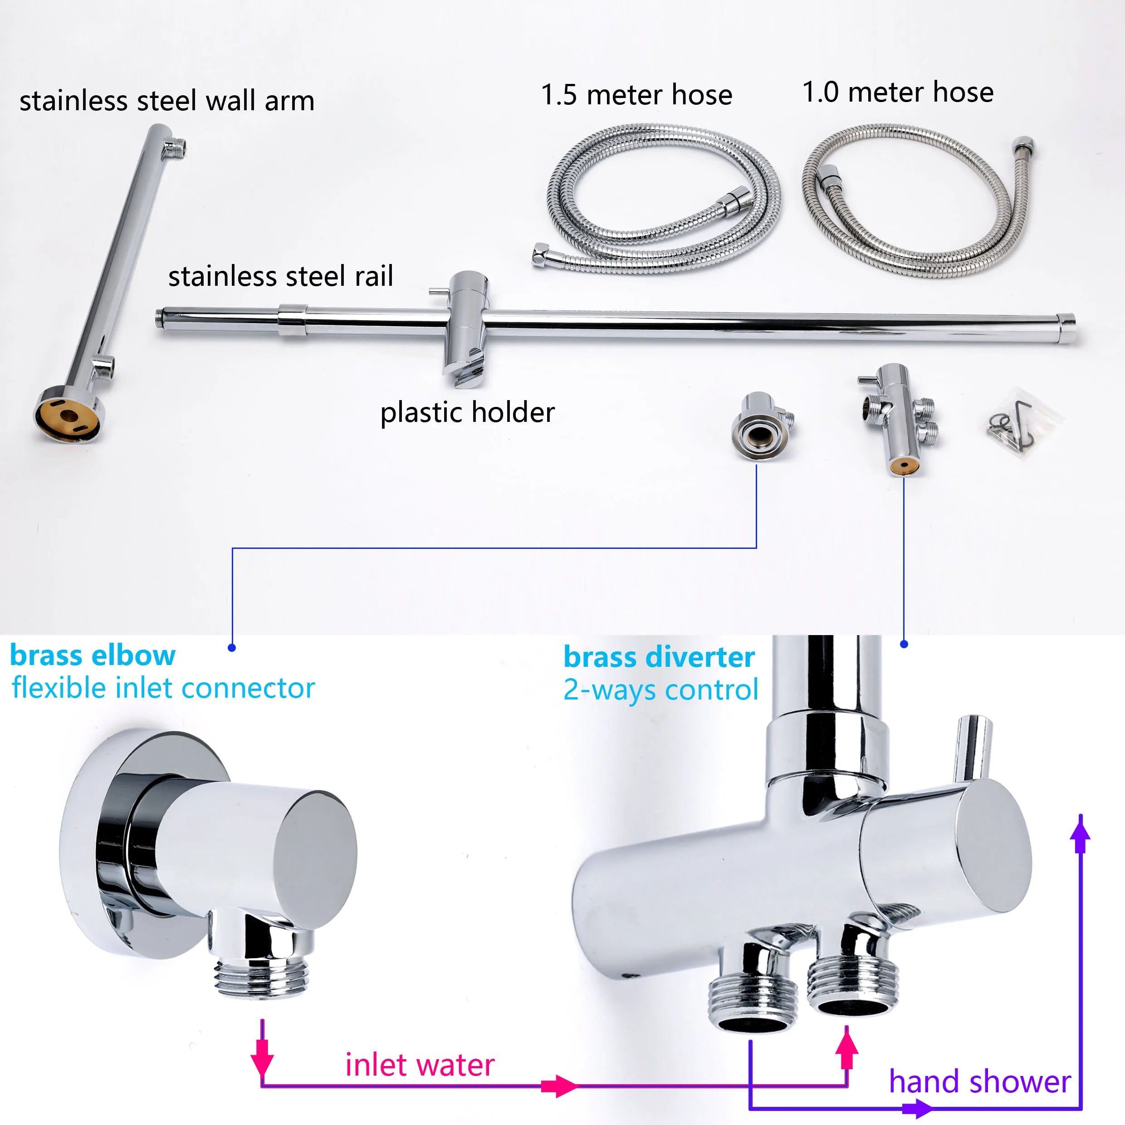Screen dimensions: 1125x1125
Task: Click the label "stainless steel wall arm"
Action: point(167,101)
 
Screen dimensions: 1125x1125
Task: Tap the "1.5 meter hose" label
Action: point(636,94)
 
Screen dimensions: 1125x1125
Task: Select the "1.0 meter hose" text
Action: point(898,92)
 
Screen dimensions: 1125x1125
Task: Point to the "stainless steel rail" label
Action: point(281,276)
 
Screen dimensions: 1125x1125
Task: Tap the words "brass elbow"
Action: point(93,655)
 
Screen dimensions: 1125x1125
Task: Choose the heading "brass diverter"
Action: point(659,657)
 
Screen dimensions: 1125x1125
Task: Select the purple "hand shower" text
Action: point(980,1082)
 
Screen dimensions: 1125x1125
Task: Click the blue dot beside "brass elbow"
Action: point(232,647)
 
